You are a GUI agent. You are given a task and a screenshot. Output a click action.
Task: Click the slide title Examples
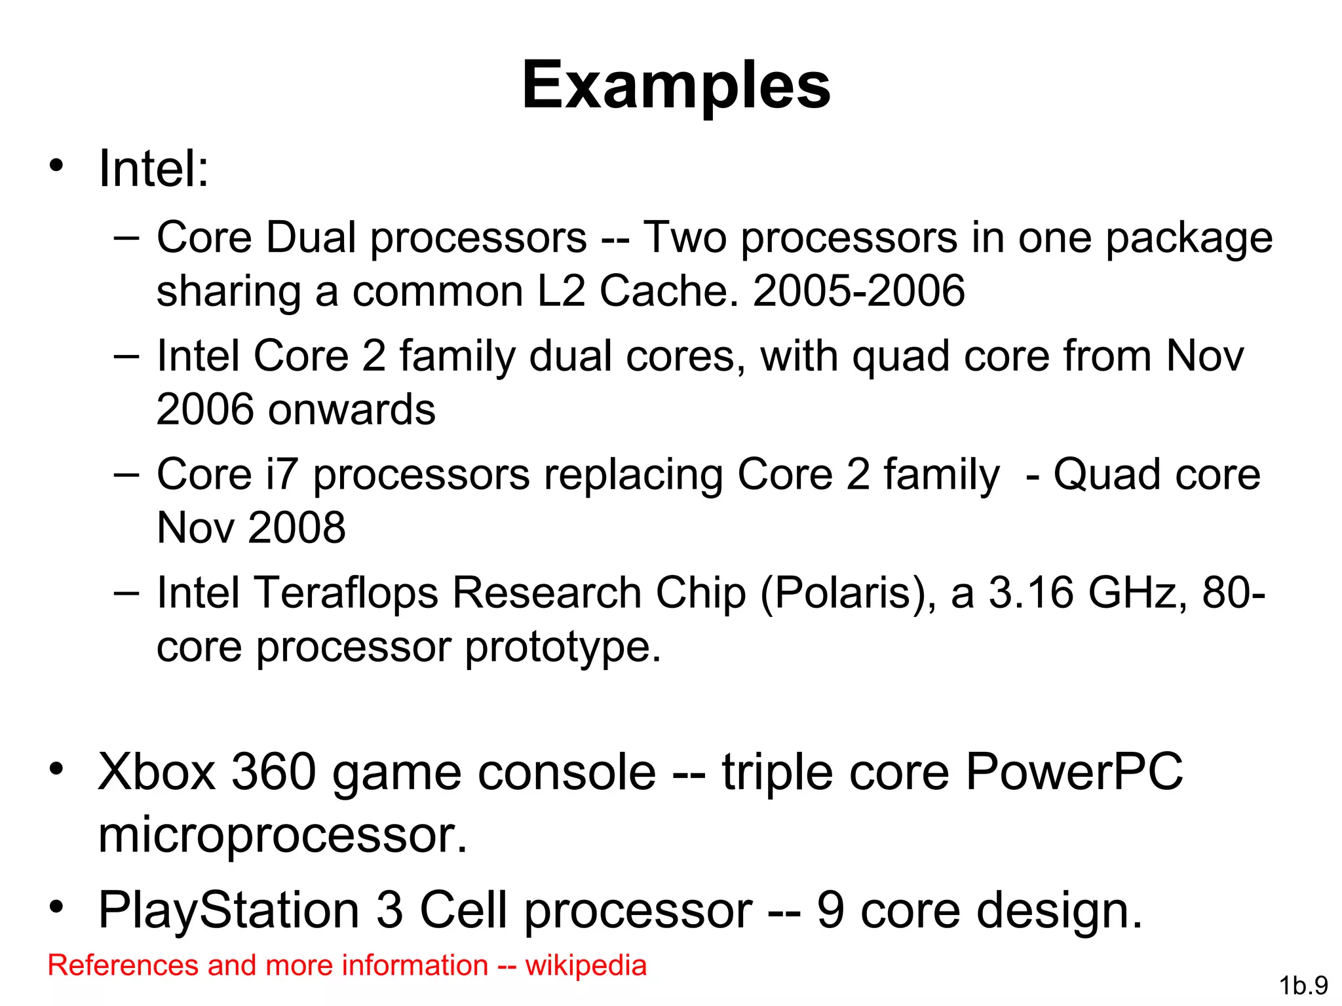pos(676,85)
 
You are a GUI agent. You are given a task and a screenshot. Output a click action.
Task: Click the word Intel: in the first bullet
pos(153,169)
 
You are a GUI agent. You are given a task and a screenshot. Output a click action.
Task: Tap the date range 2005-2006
pos(858,290)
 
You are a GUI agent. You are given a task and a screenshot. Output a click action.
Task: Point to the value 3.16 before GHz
pos(1031,593)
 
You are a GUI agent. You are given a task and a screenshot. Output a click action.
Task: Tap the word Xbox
pos(157,772)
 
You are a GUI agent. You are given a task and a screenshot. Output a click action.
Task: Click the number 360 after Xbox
pos(275,772)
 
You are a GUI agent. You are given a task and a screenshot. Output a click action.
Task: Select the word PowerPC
pos(1074,772)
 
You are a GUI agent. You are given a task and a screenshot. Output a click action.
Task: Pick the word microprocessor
pos(282,836)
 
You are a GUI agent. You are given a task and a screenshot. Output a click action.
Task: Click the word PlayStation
pos(229,910)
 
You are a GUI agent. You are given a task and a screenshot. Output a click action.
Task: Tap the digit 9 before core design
pos(830,910)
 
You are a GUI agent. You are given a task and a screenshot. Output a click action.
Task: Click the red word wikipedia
pos(586,965)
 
